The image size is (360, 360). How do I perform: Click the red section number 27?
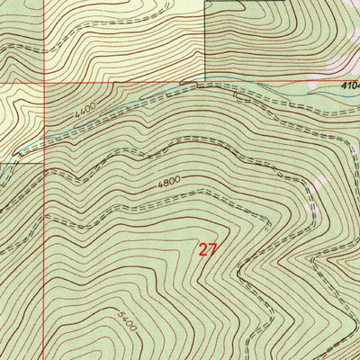[207, 250]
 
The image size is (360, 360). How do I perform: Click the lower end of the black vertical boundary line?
[206, 82]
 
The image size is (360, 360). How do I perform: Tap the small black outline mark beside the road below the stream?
[189, 84]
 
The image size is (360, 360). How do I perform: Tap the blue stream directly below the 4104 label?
[346, 93]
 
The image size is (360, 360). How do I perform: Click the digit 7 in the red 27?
[212, 250]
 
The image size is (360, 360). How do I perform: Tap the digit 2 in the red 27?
[202, 250]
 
